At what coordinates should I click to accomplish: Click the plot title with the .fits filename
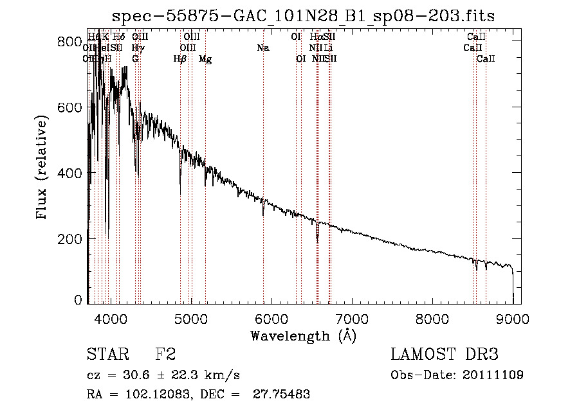[304, 15]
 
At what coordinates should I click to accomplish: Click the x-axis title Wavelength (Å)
[303, 335]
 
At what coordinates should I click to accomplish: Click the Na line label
[262, 48]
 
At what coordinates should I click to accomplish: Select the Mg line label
[205, 59]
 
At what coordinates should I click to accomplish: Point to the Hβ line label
[180, 59]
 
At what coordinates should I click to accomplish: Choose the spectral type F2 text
[165, 355]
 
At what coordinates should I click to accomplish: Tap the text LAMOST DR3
[444, 355]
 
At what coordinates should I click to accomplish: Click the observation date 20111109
[493, 375]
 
